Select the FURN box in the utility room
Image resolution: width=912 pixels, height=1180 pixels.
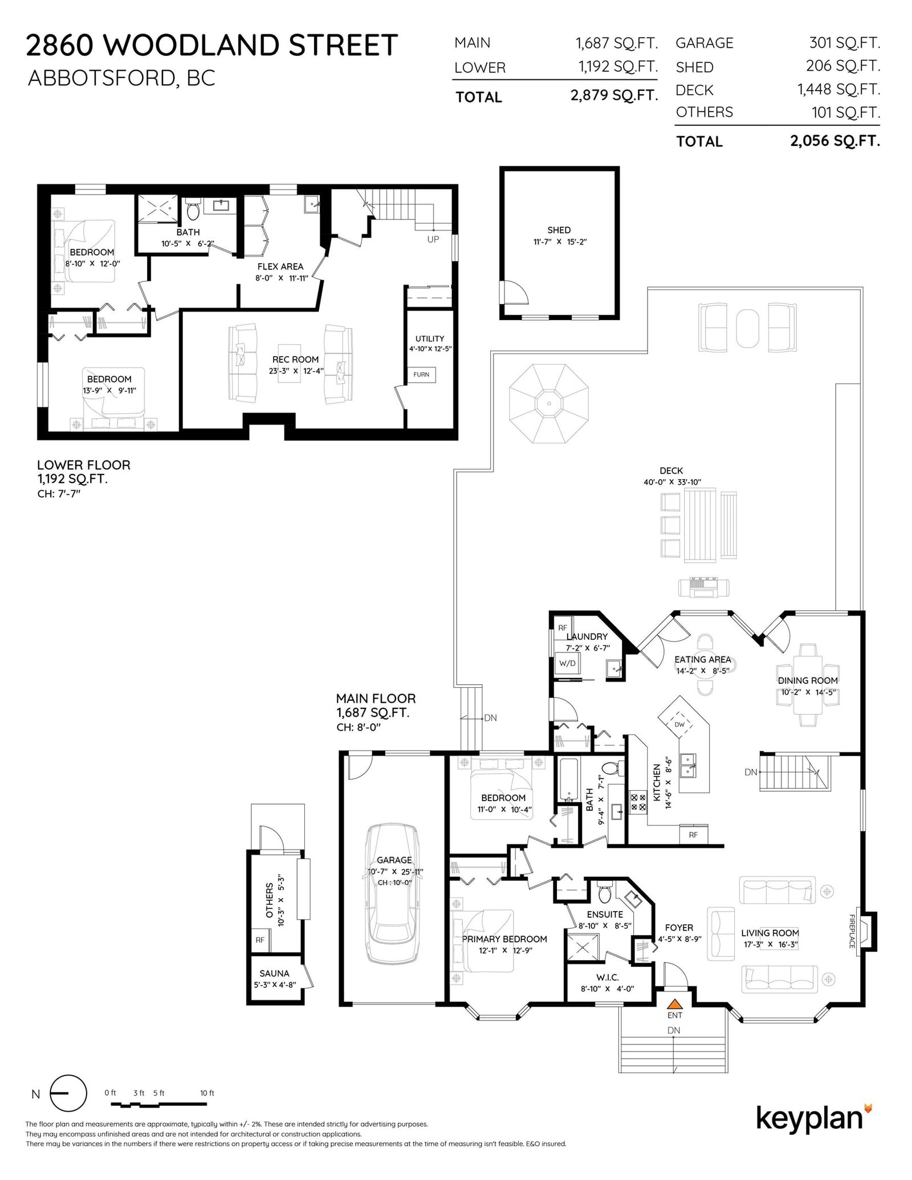point(421,374)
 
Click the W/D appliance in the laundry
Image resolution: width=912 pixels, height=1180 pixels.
point(567,663)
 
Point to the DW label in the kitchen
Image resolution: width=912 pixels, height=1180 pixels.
point(679,725)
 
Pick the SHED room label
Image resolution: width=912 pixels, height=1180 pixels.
point(559,230)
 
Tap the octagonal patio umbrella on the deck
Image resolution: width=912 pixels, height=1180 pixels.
point(549,404)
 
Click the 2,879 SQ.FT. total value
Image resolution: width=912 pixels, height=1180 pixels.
point(614,95)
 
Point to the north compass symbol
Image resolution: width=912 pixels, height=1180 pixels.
point(68,1094)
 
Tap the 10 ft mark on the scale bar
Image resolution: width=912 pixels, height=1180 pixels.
point(207,1093)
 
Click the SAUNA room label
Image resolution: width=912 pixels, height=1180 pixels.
point(274,974)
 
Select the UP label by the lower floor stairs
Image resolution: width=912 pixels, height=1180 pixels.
point(433,239)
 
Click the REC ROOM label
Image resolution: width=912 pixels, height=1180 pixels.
point(295,360)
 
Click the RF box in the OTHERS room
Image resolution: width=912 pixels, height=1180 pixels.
point(260,940)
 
